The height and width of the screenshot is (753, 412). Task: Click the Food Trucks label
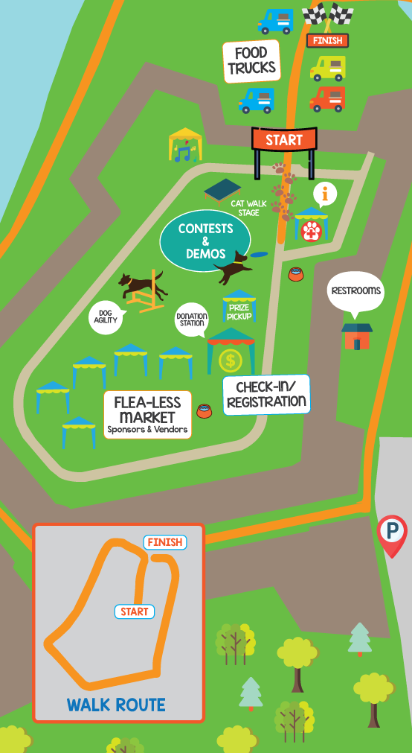tap(251, 61)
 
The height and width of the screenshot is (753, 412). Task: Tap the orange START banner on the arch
tap(284, 139)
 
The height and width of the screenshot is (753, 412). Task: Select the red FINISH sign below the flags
tap(327, 40)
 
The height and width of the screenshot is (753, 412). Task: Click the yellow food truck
tap(327, 68)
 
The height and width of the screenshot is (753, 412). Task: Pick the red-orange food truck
tap(327, 98)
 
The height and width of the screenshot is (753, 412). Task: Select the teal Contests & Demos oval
tap(205, 241)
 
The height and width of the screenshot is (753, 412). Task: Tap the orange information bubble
tap(324, 194)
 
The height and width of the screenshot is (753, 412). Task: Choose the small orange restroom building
tap(357, 337)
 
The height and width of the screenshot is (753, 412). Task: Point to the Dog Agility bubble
tap(106, 316)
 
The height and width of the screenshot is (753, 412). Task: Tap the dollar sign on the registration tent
tap(231, 361)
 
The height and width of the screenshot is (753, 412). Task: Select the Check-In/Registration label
tap(266, 395)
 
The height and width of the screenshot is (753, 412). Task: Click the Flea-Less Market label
tap(147, 415)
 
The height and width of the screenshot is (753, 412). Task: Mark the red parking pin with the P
tap(392, 533)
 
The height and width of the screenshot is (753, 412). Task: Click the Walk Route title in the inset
tap(116, 705)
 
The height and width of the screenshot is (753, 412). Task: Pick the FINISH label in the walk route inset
tap(164, 542)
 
